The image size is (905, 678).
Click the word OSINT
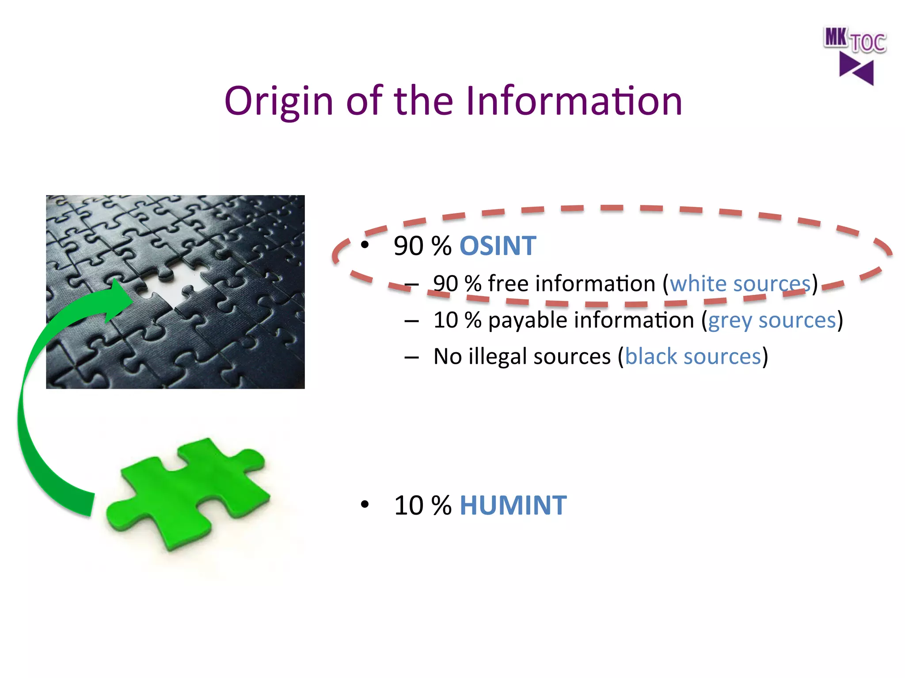pos(498,246)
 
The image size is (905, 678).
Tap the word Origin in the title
pos(278,101)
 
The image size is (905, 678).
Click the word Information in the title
pos(574,101)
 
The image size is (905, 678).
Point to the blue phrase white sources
pos(740,283)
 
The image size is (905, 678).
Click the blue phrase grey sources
pos(772,320)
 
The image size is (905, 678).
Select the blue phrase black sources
pos(693,356)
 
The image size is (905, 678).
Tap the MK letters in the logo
pos(835,37)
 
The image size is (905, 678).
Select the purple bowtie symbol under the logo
pos(856,69)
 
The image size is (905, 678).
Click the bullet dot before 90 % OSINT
pos(364,245)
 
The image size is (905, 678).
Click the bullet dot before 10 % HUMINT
pos(364,504)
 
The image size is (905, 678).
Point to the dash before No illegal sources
pos(411,357)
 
